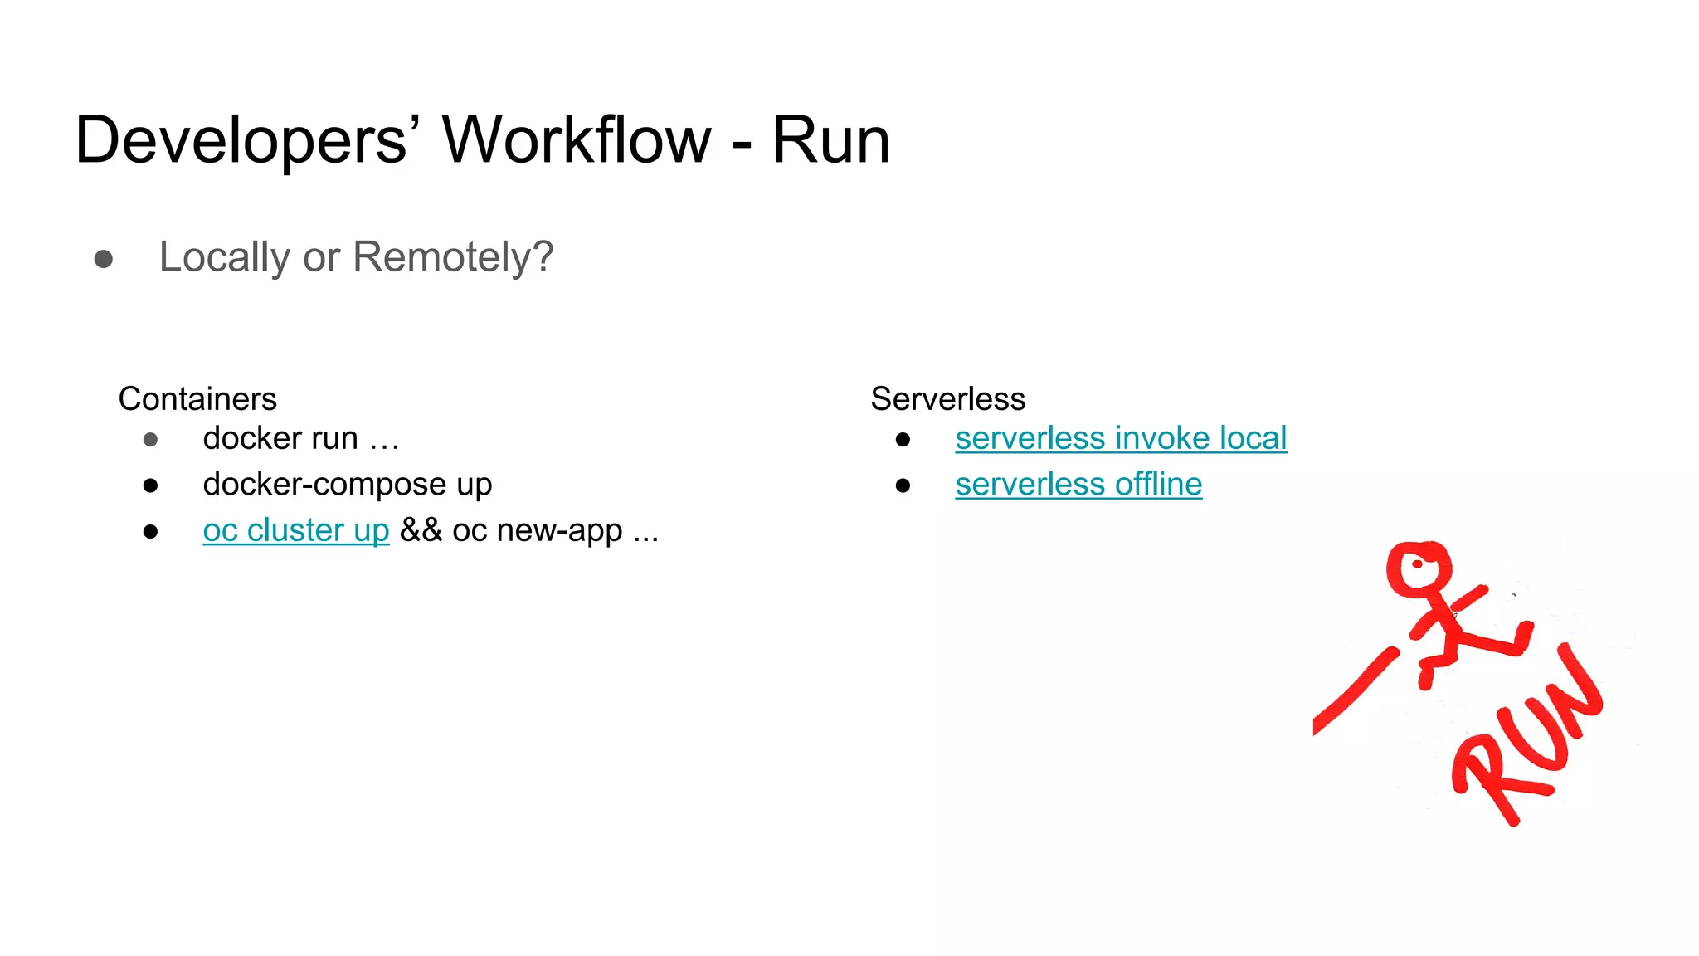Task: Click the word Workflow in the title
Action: pyautogui.click(x=577, y=139)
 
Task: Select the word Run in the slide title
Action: pyautogui.click(x=831, y=139)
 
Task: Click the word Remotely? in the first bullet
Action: pyautogui.click(x=453, y=257)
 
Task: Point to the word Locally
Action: pyautogui.click(x=225, y=257)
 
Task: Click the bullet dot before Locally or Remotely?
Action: pyautogui.click(x=104, y=259)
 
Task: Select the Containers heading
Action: pyautogui.click(x=197, y=399)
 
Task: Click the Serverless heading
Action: pyautogui.click(x=947, y=399)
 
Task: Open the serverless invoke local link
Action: pyautogui.click(x=1120, y=438)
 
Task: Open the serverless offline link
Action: pyautogui.click(x=1078, y=485)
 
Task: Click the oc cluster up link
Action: pyautogui.click(x=295, y=530)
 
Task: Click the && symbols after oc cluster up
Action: pyautogui.click(x=421, y=530)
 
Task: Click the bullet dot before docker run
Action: pyautogui.click(x=150, y=440)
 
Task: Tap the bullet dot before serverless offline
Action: pyautogui.click(x=903, y=485)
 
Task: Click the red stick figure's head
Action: pyautogui.click(x=1419, y=568)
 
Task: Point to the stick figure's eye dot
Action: pyautogui.click(x=1418, y=565)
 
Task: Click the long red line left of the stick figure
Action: pyautogui.click(x=1354, y=690)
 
